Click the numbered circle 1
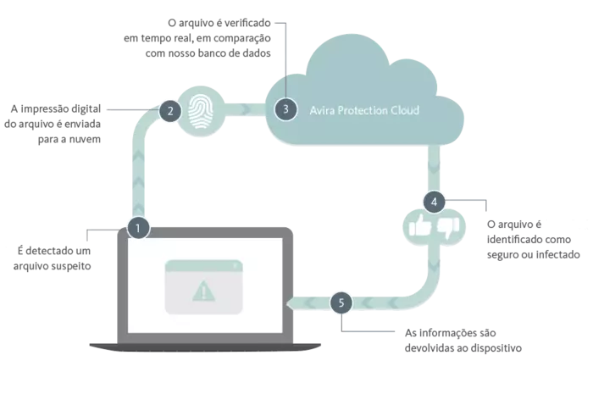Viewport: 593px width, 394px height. coord(138,228)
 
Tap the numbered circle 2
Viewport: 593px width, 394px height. coord(170,111)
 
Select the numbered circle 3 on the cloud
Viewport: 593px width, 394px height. coord(286,109)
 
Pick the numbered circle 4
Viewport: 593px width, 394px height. coord(434,202)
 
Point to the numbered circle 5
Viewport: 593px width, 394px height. coord(341,302)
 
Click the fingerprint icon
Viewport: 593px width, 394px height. coord(201,111)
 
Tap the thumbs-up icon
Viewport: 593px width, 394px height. coord(420,226)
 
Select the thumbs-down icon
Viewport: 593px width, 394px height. coord(448,228)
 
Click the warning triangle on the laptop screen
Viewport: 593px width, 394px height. coord(204,291)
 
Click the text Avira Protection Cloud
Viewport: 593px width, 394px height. coord(364,110)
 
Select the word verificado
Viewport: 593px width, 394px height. coord(249,23)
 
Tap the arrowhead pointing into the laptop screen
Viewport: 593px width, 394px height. coord(290,302)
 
